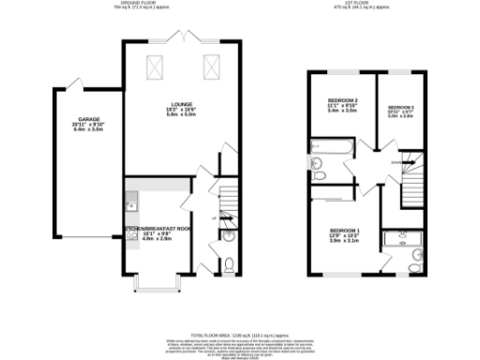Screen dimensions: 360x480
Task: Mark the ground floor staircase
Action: point(225,201)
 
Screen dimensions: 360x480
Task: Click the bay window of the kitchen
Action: point(156,280)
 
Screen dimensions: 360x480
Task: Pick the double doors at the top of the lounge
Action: point(181,37)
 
